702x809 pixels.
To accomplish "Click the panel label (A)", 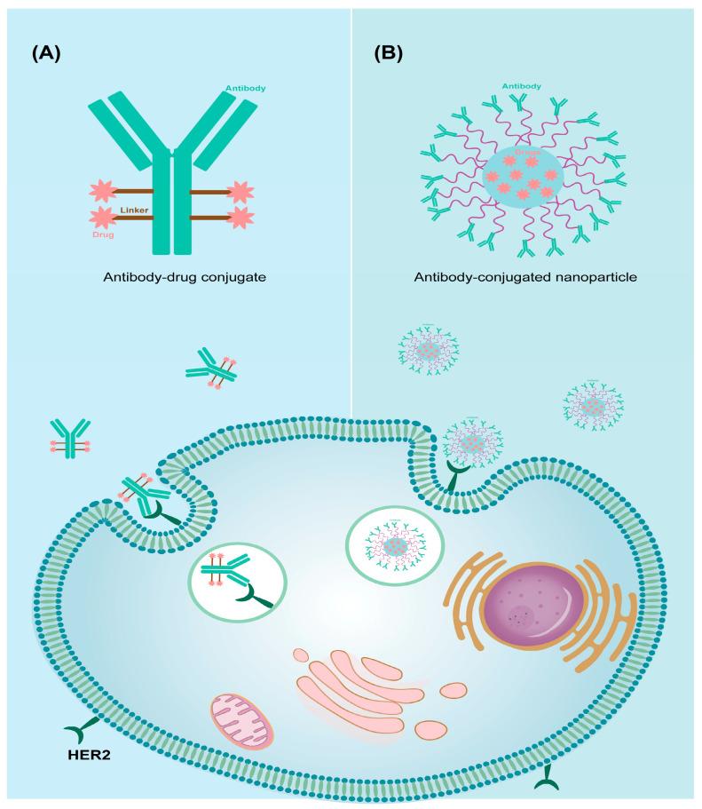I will (x=46, y=54).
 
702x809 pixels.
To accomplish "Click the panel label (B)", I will (x=388, y=54).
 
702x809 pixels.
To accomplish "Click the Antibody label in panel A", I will (x=246, y=89).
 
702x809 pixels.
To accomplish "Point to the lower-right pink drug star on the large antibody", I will (x=240, y=218).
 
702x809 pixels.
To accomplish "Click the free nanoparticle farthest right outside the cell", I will (x=594, y=407).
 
